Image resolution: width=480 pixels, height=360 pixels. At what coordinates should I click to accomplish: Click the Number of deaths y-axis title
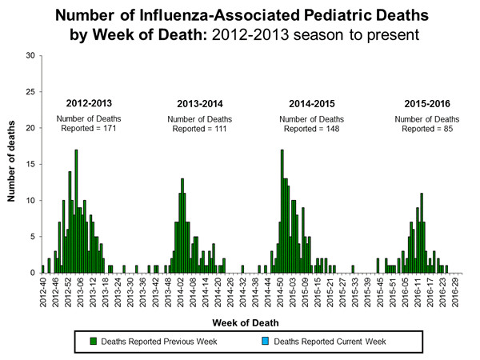pos(12,164)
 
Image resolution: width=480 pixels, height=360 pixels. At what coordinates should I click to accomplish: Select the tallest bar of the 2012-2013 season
pos(76,211)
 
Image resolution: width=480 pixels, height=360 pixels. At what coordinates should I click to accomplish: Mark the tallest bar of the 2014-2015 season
pos(282,211)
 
